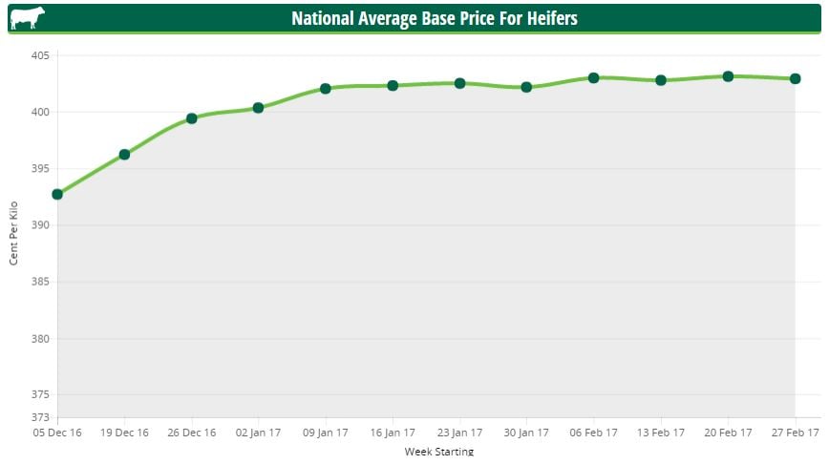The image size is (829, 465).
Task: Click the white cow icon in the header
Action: (27, 18)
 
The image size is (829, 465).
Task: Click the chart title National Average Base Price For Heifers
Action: (435, 18)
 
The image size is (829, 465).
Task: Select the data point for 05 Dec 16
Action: (57, 194)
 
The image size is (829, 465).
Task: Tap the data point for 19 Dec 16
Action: (124, 154)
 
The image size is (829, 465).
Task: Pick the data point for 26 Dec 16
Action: (191, 118)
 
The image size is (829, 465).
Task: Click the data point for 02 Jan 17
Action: (258, 108)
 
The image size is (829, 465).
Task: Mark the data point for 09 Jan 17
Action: (326, 88)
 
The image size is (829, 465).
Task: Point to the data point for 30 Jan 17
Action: (526, 87)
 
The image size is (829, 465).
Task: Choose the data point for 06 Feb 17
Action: (593, 77)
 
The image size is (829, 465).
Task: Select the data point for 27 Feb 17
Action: (795, 78)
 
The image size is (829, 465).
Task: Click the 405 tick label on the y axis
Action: (40, 55)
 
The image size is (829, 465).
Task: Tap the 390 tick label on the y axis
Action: (40, 225)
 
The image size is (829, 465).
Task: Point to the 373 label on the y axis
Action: (40, 417)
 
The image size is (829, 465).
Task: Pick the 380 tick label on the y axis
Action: (40, 339)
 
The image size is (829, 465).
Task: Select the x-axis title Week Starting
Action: (438, 451)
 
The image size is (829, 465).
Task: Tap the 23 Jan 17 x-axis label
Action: (459, 433)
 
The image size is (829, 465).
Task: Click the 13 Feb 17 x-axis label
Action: (660, 433)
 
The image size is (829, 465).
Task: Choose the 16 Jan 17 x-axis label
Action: (393, 433)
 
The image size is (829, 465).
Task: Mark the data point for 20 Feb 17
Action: (728, 76)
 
